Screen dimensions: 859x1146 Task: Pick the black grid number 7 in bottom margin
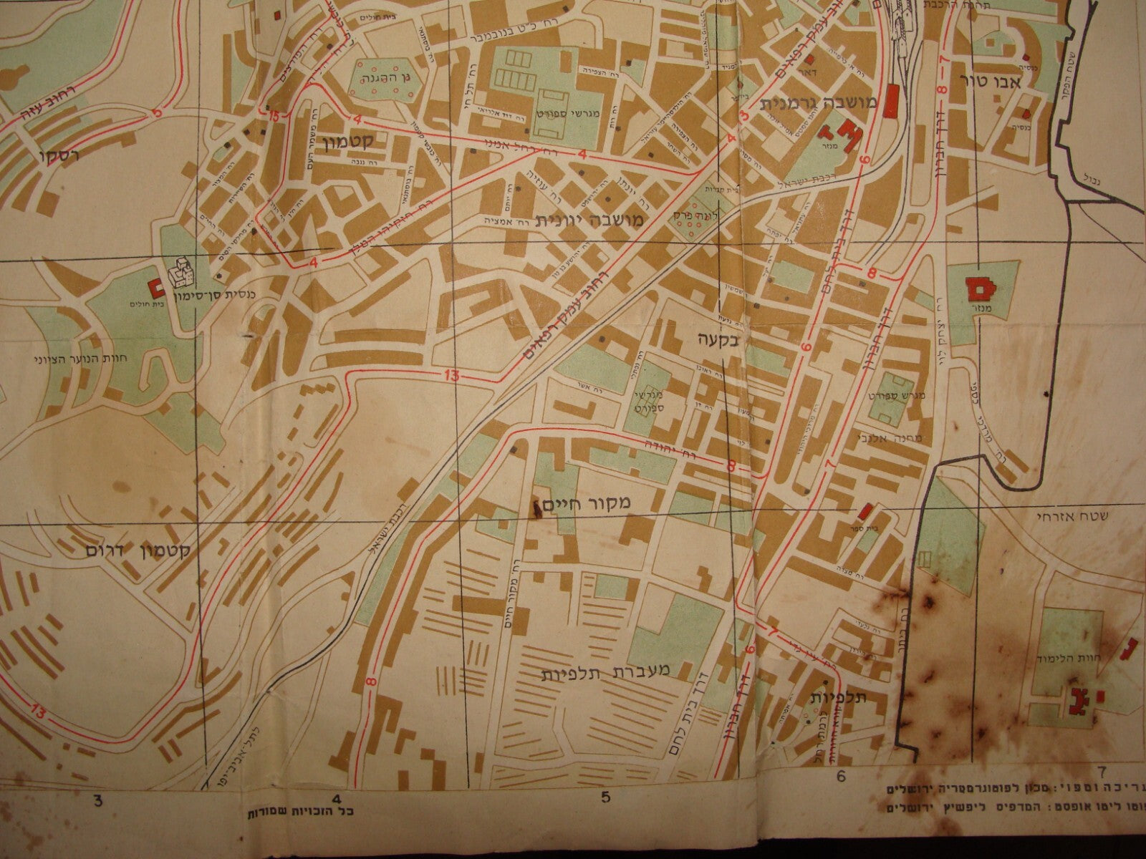1102,772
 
